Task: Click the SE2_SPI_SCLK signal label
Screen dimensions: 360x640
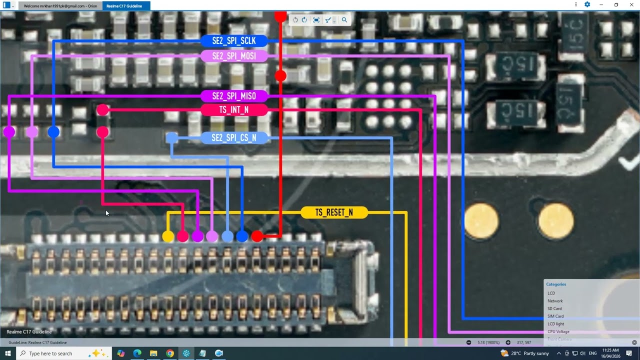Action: (234, 41)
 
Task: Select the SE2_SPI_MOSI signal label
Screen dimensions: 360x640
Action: (234, 56)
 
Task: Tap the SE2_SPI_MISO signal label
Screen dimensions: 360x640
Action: (234, 96)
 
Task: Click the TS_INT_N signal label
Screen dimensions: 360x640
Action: (234, 110)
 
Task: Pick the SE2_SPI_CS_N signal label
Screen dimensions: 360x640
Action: (234, 137)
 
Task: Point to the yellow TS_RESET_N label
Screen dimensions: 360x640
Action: (334, 212)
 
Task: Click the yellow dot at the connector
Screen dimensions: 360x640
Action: (168, 236)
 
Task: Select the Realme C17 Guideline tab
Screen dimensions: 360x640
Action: (124, 6)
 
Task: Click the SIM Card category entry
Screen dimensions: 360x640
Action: (555, 316)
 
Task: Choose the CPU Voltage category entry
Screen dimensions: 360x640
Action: (558, 331)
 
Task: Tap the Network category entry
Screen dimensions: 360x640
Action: (555, 301)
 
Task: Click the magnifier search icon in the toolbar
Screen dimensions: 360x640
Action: (344, 20)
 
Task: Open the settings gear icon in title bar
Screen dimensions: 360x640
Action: (587, 5)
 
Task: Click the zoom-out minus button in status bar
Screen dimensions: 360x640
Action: (468, 342)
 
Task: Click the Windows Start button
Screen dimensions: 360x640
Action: (8, 353)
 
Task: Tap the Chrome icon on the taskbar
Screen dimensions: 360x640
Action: (170, 353)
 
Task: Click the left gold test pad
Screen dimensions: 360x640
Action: (481, 220)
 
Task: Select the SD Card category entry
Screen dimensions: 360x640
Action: (554, 308)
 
